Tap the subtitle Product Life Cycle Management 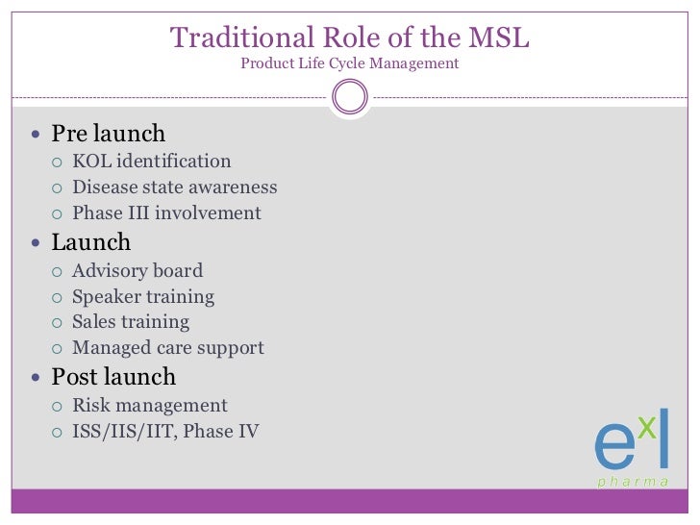click(350, 64)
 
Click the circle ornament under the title click(349, 96)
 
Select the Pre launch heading click(108, 134)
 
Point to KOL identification click(151, 162)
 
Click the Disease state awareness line click(174, 187)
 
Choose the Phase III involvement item click(166, 213)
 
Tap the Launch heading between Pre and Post click(90, 242)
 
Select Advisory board click(137, 271)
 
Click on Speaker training click(143, 297)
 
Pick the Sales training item click(131, 322)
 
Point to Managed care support click(167, 348)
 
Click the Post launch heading click(113, 376)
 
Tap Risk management click(150, 406)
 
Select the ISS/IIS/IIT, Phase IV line click(165, 432)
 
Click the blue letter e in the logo click(613, 445)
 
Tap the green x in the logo click(647, 427)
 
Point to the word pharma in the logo click(633, 482)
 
